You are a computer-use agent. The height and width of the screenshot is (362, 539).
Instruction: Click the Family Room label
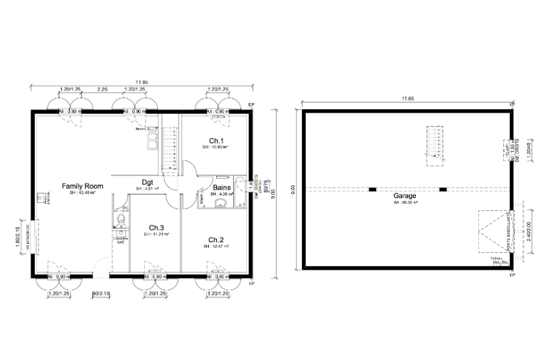pyautogui.click(x=82, y=185)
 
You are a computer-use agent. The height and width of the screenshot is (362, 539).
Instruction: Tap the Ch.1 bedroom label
pyautogui.click(x=216, y=140)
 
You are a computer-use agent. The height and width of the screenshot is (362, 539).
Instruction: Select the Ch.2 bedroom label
pyautogui.click(x=216, y=240)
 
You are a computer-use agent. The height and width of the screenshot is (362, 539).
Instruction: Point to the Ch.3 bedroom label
pyautogui.click(x=156, y=227)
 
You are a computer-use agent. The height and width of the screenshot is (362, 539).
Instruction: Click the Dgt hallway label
pyautogui.click(x=146, y=181)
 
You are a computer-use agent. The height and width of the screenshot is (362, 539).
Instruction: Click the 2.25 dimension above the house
pyautogui.click(x=102, y=89)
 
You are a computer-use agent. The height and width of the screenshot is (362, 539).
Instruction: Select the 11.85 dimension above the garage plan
pyautogui.click(x=406, y=99)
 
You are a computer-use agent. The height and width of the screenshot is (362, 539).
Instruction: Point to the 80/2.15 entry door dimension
pyautogui.click(x=101, y=294)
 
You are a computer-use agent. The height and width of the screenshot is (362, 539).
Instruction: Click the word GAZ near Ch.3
pyautogui.click(x=121, y=241)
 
